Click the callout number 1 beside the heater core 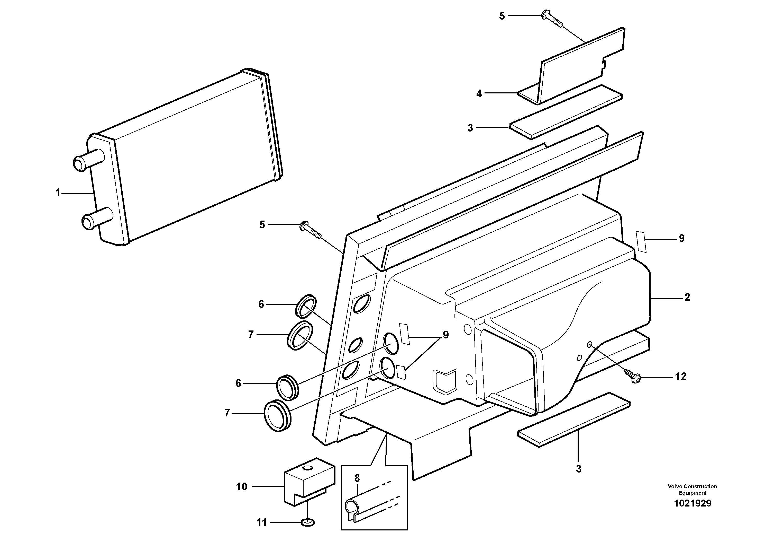pos(58,193)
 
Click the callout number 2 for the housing pos(687,297)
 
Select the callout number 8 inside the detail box pos(357,478)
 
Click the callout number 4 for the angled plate pos(479,94)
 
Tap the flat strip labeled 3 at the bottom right pos(574,419)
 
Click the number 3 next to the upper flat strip pos(470,128)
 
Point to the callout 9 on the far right pos(682,239)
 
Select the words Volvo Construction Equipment pos(692,490)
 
